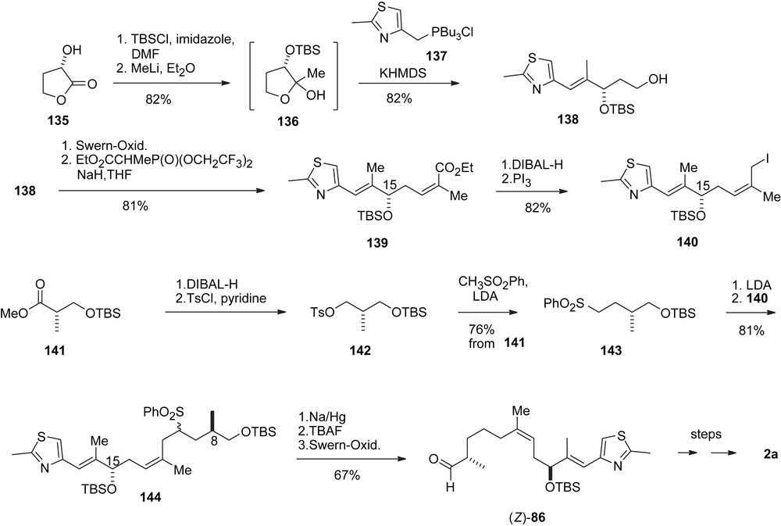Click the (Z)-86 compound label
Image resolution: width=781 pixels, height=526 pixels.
pos(549,514)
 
